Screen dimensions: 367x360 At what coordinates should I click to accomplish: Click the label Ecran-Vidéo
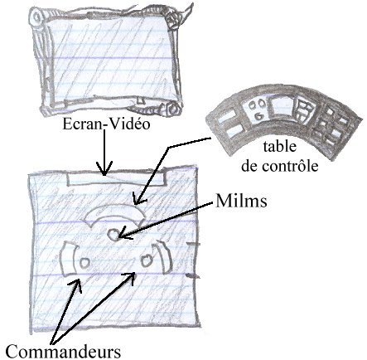pyautogui.click(x=106, y=124)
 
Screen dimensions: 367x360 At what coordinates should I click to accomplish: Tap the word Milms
pyautogui.click(x=241, y=201)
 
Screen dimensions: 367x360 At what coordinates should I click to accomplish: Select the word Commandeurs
pyautogui.click(x=63, y=352)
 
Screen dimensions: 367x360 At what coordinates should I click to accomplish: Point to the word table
pyautogui.click(x=280, y=147)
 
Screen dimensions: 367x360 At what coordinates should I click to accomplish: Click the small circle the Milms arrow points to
pyautogui.click(x=113, y=235)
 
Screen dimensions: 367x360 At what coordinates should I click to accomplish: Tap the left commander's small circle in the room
pyautogui.click(x=85, y=262)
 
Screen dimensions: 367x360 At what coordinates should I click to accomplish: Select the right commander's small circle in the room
pyautogui.click(x=147, y=260)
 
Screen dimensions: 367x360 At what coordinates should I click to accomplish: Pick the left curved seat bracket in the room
pyautogui.click(x=67, y=260)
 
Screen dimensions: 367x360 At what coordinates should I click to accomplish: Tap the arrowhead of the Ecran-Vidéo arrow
pyautogui.click(x=104, y=168)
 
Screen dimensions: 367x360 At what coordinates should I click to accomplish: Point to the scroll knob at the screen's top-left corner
pyautogui.click(x=36, y=17)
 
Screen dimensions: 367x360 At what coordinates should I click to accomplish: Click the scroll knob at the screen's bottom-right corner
pyautogui.click(x=173, y=109)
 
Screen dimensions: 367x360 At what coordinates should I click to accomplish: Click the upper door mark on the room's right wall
pyautogui.click(x=193, y=244)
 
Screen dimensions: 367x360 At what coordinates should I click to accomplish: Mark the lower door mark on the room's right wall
pyautogui.click(x=193, y=276)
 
